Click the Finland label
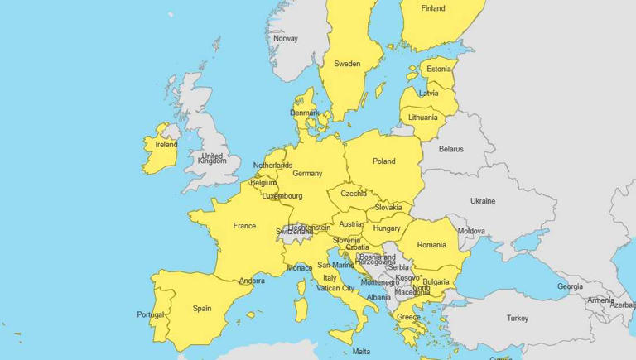click(432, 9)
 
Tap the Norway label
click(285, 39)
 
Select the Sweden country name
click(347, 64)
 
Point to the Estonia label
click(438, 70)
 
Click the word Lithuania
click(422, 118)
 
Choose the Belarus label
click(451, 150)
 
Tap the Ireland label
click(166, 144)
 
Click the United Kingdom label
click(212, 158)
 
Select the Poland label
click(383, 161)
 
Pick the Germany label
click(307, 174)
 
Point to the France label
click(244, 226)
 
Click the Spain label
click(202, 309)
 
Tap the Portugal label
click(151, 314)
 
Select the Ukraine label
click(483, 201)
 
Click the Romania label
click(431, 245)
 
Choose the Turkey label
click(518, 318)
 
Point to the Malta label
click(362, 352)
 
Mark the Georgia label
click(570, 286)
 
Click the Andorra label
click(252, 281)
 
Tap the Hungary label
click(387, 228)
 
